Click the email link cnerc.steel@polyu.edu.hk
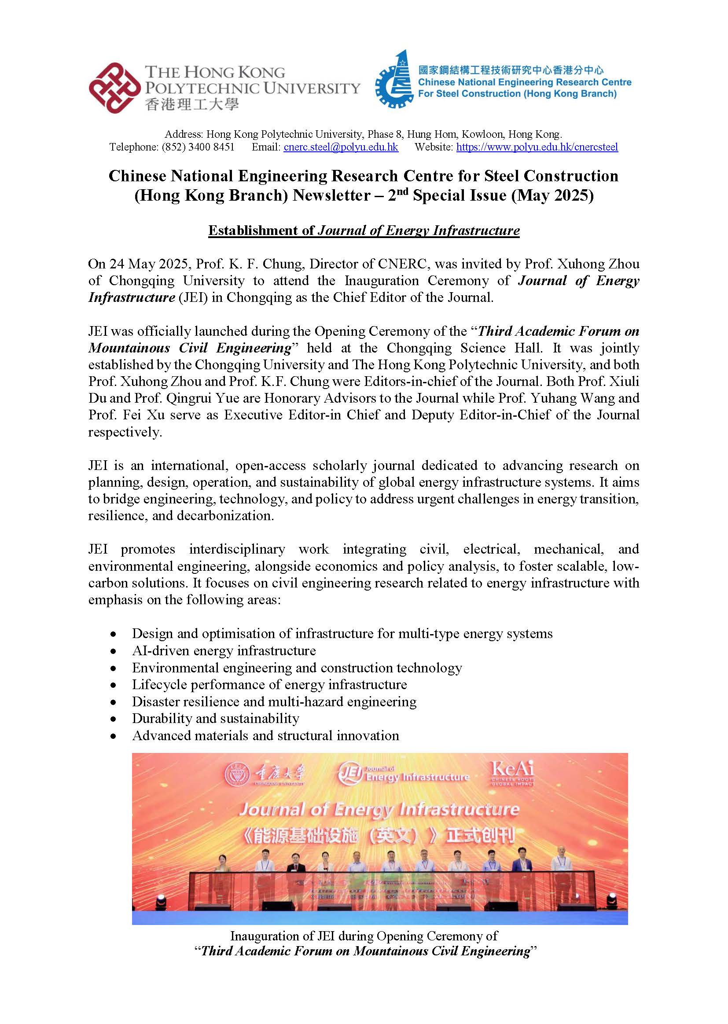(341, 147)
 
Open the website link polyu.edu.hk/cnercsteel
(537, 147)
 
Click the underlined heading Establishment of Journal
(364, 230)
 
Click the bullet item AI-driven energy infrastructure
(224, 650)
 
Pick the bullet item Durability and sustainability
(215, 718)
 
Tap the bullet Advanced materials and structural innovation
(265, 735)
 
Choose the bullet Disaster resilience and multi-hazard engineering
(274, 701)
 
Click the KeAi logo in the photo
(512, 774)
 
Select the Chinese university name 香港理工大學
(192, 105)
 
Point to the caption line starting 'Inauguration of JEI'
(364, 936)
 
